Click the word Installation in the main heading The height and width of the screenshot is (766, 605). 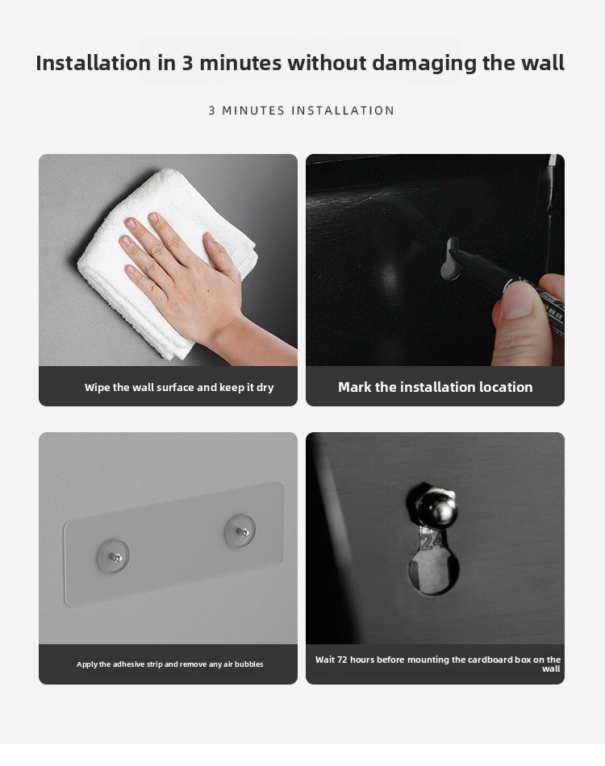[94, 63]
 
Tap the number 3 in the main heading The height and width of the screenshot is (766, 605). [188, 63]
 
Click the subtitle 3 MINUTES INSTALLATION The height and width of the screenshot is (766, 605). [302, 111]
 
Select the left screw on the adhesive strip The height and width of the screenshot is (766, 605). [115, 556]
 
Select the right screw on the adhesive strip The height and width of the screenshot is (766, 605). [242, 531]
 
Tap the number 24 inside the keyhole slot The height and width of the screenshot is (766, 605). [432, 541]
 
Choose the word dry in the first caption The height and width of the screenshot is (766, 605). [265, 388]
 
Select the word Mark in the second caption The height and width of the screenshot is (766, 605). [355, 387]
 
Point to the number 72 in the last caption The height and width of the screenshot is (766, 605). [343, 660]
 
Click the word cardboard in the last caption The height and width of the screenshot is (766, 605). [490, 660]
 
